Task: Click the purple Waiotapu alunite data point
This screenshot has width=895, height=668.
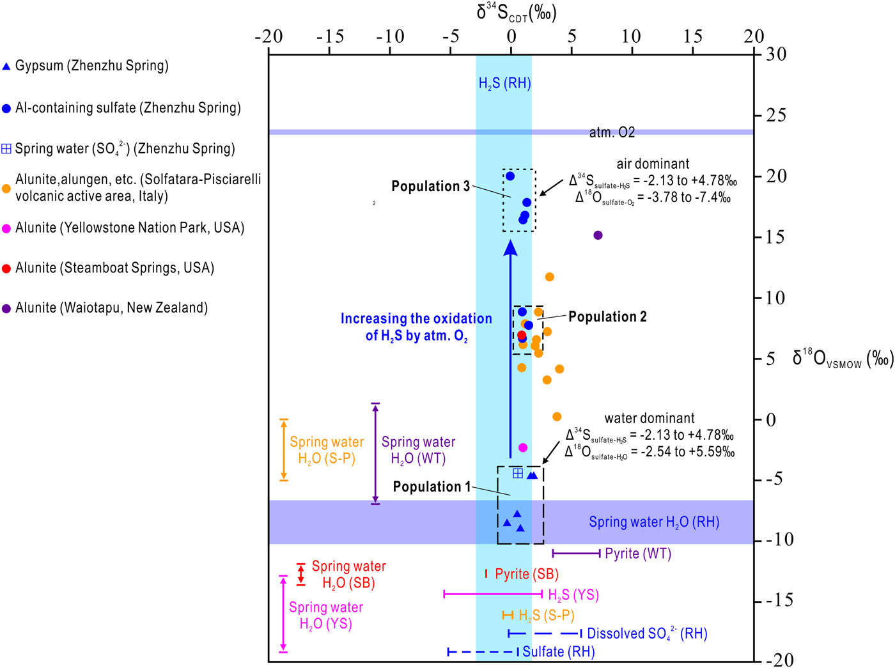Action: pyautogui.click(x=598, y=235)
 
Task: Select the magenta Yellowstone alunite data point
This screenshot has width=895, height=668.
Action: pyautogui.click(x=523, y=447)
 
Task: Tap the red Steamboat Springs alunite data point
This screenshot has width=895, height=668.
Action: pyautogui.click(x=522, y=335)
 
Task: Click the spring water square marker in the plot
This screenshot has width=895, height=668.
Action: pyautogui.click(x=518, y=473)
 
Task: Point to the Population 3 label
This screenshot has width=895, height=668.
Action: pyautogui.click(x=431, y=186)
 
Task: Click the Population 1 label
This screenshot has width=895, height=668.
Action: pyautogui.click(x=432, y=486)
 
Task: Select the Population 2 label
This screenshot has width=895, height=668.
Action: pyautogui.click(x=607, y=316)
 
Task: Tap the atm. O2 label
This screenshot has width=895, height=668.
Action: pyautogui.click(x=612, y=132)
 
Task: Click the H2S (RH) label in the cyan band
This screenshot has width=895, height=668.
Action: pyautogui.click(x=505, y=84)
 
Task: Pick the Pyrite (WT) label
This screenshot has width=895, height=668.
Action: pyautogui.click(x=638, y=554)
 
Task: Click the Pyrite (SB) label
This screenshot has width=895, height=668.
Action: pyautogui.click(x=527, y=574)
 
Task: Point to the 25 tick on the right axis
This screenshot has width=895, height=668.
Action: pyautogui.click(x=775, y=116)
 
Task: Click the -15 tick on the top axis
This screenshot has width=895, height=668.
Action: pyautogui.click(x=331, y=36)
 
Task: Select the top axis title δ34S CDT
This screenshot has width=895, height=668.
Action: pyautogui.click(x=517, y=12)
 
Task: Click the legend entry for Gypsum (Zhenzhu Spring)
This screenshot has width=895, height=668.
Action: pyautogui.click(x=85, y=66)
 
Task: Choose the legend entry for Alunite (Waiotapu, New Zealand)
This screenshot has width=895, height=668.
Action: pyautogui.click(x=105, y=307)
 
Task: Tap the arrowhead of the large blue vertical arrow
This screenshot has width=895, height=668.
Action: pyautogui.click(x=511, y=248)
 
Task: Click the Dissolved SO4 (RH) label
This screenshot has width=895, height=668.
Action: pyautogui.click(x=647, y=633)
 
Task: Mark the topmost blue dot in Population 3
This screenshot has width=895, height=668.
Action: pyautogui.click(x=510, y=176)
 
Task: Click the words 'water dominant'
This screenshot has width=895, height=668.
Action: pyautogui.click(x=650, y=418)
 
